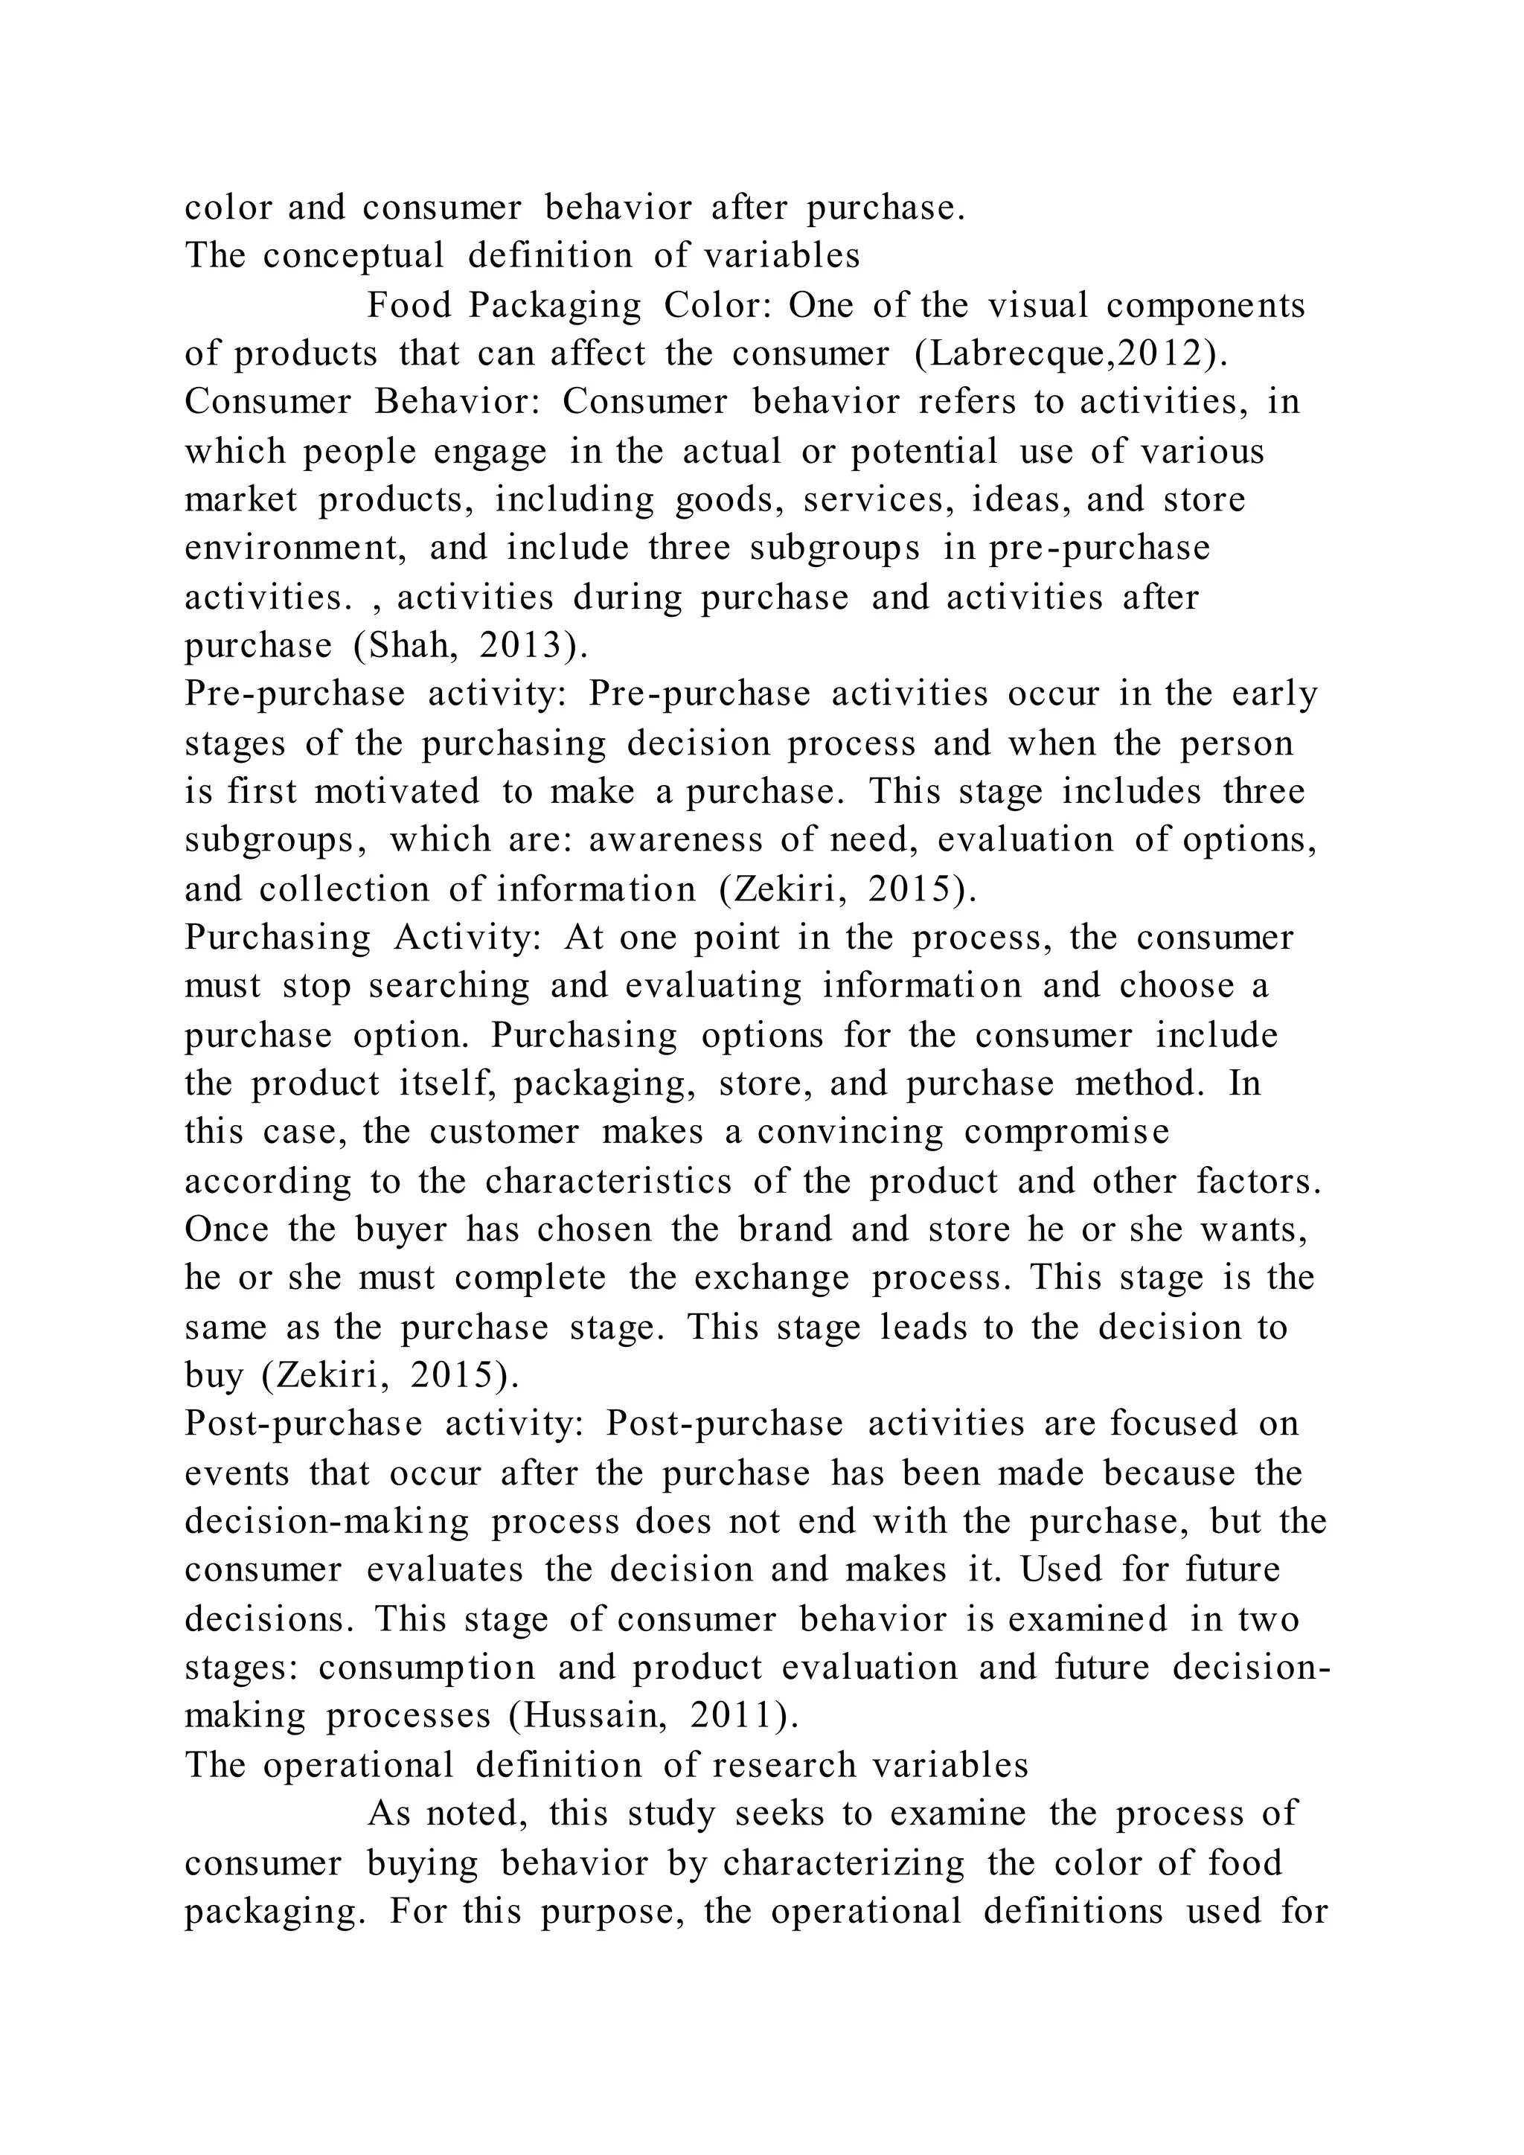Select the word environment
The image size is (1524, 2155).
coord(294,548)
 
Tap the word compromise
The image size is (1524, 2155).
coord(1067,1132)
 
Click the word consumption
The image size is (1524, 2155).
coord(426,1668)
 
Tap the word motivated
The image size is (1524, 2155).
coord(397,791)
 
